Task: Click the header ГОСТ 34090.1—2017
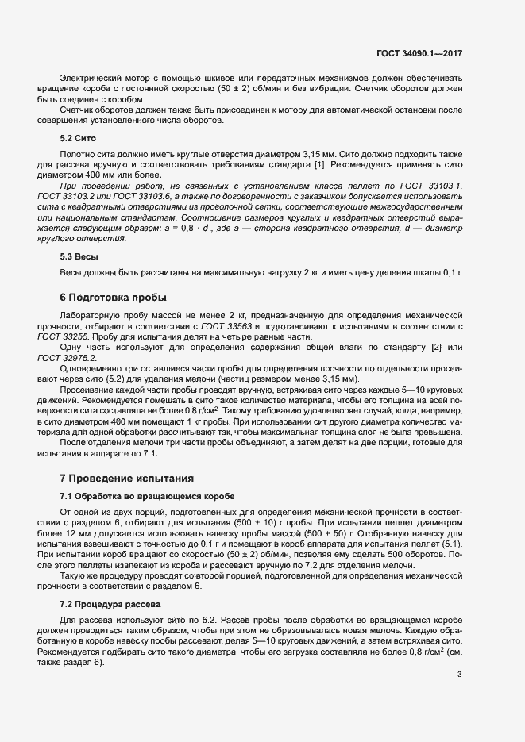point(419,53)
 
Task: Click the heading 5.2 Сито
point(79,138)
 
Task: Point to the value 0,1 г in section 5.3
point(450,273)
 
